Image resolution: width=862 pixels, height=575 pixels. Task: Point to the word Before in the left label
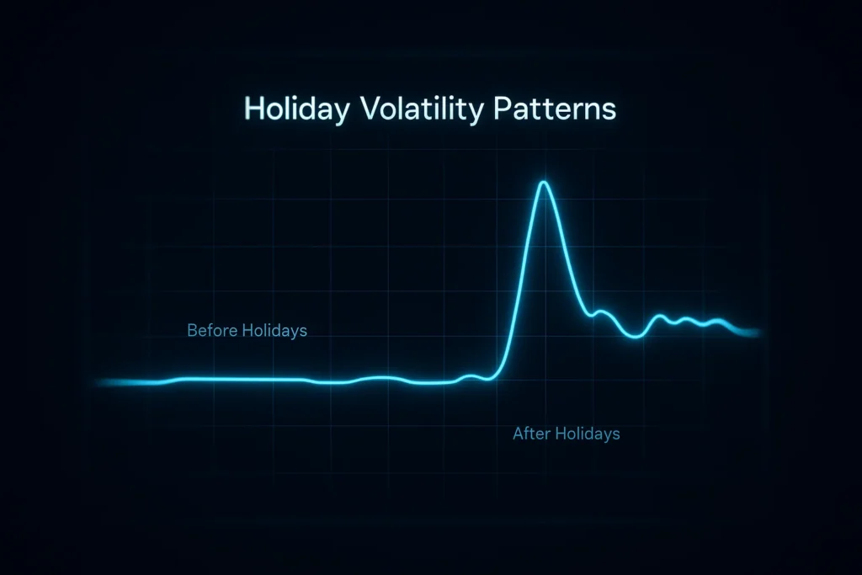pos(211,331)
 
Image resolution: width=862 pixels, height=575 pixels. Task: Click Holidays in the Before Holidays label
pos(274,331)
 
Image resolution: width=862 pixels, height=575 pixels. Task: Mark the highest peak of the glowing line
pos(544,183)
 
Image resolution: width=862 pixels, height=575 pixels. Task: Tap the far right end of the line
pos(759,332)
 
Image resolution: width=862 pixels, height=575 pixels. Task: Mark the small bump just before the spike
pos(472,376)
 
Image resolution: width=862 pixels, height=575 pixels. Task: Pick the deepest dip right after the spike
pos(636,336)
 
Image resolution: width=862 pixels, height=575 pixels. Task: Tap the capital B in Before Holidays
pos(192,331)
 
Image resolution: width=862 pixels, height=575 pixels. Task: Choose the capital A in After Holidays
pos(518,434)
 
